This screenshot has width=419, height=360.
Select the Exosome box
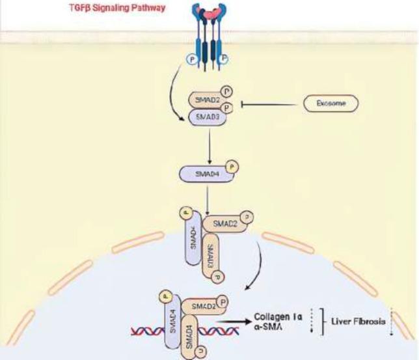[332, 103]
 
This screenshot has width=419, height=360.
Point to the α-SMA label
[266, 327]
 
